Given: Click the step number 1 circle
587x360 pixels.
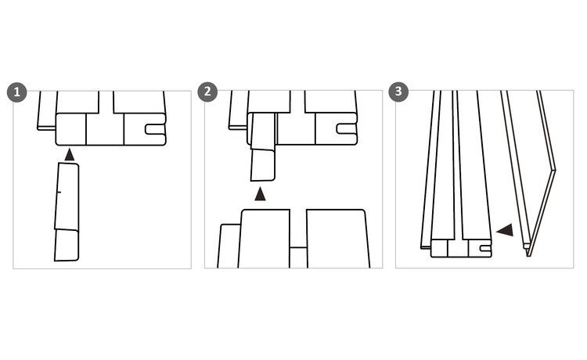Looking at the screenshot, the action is coord(17,92).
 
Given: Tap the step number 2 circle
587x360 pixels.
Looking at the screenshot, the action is coord(207,92).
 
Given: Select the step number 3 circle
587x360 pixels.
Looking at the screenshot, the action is coord(398,92).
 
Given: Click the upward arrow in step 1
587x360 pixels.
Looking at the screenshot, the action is coord(69,154).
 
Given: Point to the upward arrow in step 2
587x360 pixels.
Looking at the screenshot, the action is coord(260,194).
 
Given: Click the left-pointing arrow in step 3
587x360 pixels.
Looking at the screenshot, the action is coord(505,230).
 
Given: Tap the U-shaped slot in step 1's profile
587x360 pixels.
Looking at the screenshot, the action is coord(155,129).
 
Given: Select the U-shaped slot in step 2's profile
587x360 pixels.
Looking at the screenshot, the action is coord(347,128).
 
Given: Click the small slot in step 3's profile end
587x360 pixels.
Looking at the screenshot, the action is coord(484,248).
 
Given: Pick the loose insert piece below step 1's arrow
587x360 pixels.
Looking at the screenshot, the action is coord(67,212).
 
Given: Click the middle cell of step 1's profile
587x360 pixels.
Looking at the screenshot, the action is coord(105,129).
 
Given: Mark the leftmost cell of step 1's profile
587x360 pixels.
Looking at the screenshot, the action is coord(71,129).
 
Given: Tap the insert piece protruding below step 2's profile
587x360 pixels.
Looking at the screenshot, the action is coord(263,165).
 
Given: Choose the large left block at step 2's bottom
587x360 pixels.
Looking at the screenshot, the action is coord(264,239).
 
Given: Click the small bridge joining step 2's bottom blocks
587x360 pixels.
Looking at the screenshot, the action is coord(298,257).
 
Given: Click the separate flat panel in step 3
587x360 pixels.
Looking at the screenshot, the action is coord(528,173).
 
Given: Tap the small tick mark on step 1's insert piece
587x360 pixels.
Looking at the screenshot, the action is coord(59,193).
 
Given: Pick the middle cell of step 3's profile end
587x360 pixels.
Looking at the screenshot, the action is coord(458,249).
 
